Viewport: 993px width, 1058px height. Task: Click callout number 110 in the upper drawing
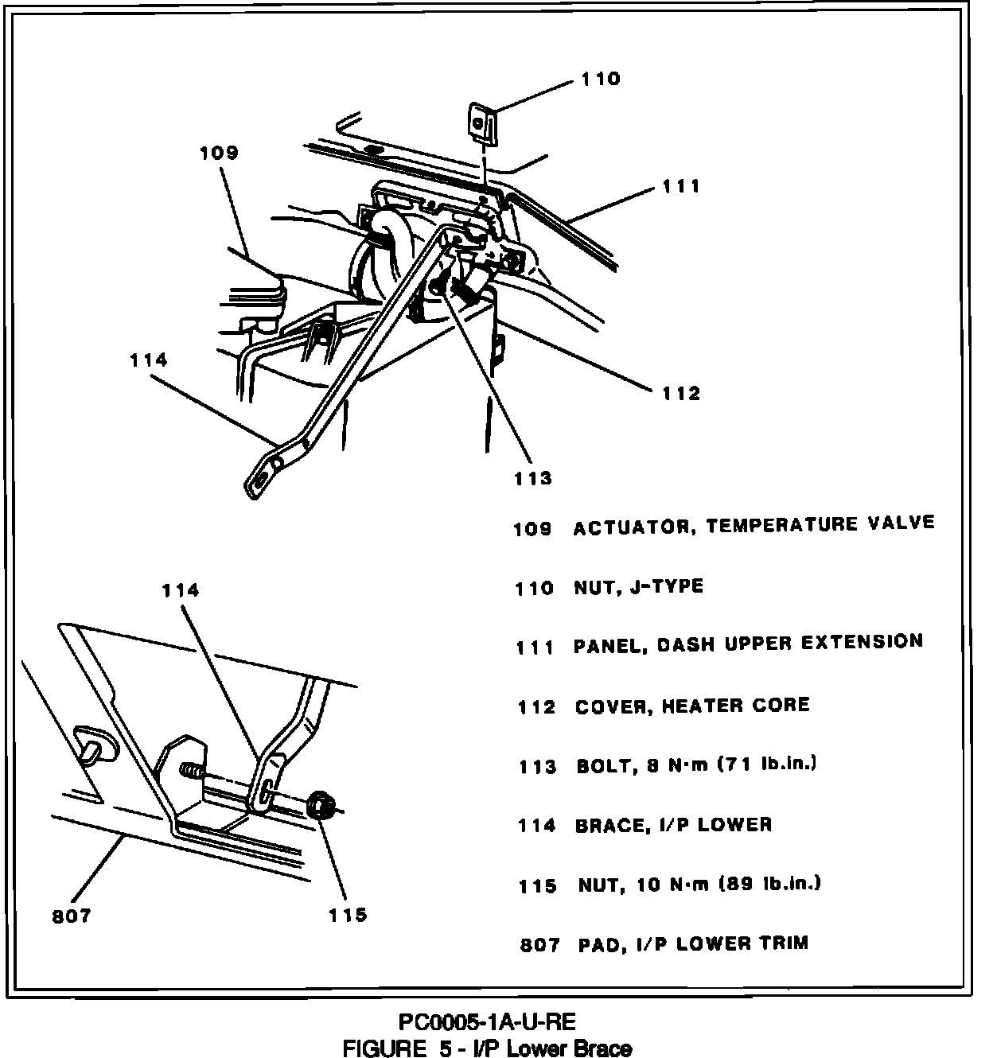pyautogui.click(x=600, y=79)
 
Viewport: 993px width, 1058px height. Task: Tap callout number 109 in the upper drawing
pyautogui.click(x=219, y=152)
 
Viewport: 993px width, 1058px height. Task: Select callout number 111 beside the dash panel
pyautogui.click(x=681, y=186)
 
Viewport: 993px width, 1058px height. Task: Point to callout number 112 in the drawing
pyautogui.click(x=681, y=393)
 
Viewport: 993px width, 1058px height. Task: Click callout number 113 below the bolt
pyautogui.click(x=532, y=478)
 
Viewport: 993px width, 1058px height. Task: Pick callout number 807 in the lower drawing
pyautogui.click(x=72, y=916)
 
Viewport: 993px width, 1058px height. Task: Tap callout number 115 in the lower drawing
pyautogui.click(x=348, y=915)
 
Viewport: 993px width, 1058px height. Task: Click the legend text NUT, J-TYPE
pyautogui.click(x=639, y=587)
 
